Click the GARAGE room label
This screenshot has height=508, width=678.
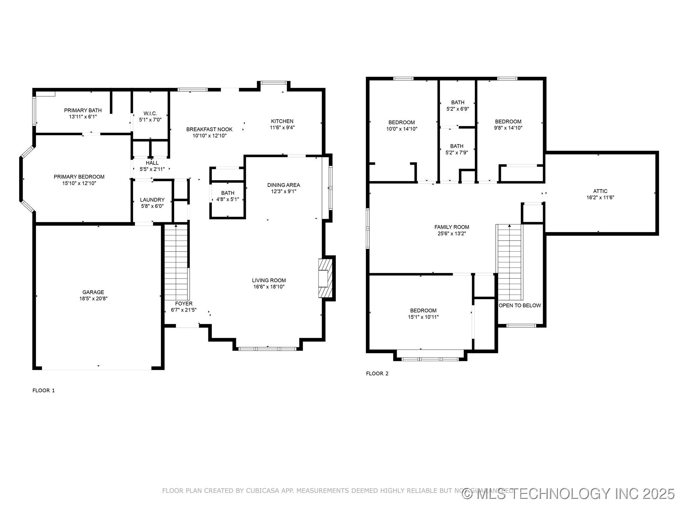pyautogui.click(x=93, y=292)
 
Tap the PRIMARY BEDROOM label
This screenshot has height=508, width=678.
pyautogui.click(x=79, y=177)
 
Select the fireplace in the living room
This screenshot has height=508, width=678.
pyautogui.click(x=326, y=278)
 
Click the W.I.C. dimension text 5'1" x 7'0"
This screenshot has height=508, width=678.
pyautogui.click(x=150, y=120)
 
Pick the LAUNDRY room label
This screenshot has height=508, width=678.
pyautogui.click(x=152, y=200)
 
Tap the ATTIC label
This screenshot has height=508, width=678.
pyautogui.click(x=600, y=191)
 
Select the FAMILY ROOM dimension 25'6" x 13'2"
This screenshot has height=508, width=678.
pyautogui.click(x=452, y=233)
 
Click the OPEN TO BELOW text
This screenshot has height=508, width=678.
pyautogui.click(x=520, y=306)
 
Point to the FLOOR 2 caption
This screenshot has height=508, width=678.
pyautogui.click(x=377, y=374)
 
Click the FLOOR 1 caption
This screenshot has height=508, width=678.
pyautogui.click(x=44, y=391)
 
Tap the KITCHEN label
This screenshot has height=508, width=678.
pyautogui.click(x=282, y=121)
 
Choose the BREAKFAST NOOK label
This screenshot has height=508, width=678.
pyautogui.click(x=209, y=129)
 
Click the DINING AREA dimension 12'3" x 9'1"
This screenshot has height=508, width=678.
pyautogui.click(x=284, y=191)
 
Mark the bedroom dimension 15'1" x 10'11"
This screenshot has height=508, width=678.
pyautogui.click(x=423, y=317)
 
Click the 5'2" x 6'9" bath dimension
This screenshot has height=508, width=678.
pyautogui.click(x=458, y=109)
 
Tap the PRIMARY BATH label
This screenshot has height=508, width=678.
pyautogui.click(x=83, y=110)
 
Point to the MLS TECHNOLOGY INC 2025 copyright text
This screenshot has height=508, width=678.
pyautogui.click(x=569, y=494)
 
